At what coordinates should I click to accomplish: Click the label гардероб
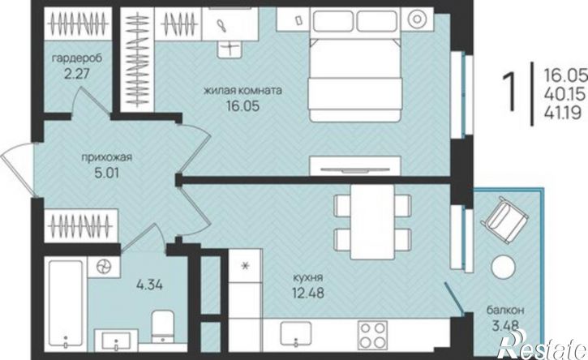point(77,58)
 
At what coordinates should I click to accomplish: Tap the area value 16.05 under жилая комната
point(243,106)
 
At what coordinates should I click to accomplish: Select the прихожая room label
point(107,157)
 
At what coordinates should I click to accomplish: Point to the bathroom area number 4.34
point(149,285)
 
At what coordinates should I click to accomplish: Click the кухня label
point(308,278)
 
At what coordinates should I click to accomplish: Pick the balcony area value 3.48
point(505,325)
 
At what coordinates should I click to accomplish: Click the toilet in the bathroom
point(163,325)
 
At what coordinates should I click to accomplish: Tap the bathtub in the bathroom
point(66,304)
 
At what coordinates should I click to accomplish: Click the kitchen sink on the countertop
point(296,335)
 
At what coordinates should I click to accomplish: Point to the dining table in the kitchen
point(372,221)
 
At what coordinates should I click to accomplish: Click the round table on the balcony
point(503,266)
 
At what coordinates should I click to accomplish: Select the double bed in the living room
point(354,65)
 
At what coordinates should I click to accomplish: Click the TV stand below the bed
point(354,165)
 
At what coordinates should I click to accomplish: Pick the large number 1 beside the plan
point(509,92)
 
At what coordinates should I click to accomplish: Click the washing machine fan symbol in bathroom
point(104,267)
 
